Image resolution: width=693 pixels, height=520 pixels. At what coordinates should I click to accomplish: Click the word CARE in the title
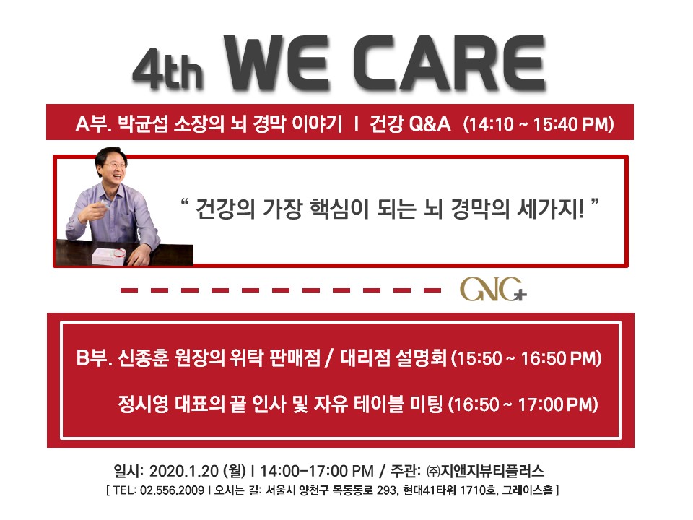tap(450, 64)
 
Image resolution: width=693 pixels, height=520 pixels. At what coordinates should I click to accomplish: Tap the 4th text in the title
tap(168, 69)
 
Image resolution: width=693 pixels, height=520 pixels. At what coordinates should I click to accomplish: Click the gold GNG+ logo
tap(493, 290)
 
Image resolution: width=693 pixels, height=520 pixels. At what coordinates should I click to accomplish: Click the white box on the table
tap(109, 256)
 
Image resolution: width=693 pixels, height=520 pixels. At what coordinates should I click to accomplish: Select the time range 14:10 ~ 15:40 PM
tap(539, 123)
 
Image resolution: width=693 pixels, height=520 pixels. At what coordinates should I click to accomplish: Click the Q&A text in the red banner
tap(430, 123)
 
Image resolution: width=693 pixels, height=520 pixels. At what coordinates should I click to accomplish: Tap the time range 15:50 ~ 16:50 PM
tap(526, 358)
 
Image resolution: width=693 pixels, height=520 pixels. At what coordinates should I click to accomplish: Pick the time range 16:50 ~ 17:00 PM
tap(523, 404)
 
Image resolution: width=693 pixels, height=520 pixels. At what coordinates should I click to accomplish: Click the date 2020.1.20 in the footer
tap(184, 471)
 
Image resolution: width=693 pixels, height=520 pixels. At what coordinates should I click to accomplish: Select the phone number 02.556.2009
tap(172, 490)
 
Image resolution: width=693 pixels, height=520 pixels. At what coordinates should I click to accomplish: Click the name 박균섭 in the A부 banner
tap(143, 123)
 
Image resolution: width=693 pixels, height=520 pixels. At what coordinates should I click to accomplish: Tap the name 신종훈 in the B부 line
tap(143, 357)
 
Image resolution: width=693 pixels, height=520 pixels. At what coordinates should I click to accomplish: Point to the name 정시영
tap(143, 404)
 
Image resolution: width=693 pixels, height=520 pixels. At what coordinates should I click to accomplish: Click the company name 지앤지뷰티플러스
tap(492, 471)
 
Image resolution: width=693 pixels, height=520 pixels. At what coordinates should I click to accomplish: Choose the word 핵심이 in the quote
tap(339, 208)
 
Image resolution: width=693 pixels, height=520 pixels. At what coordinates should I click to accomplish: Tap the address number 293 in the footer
tap(386, 490)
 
